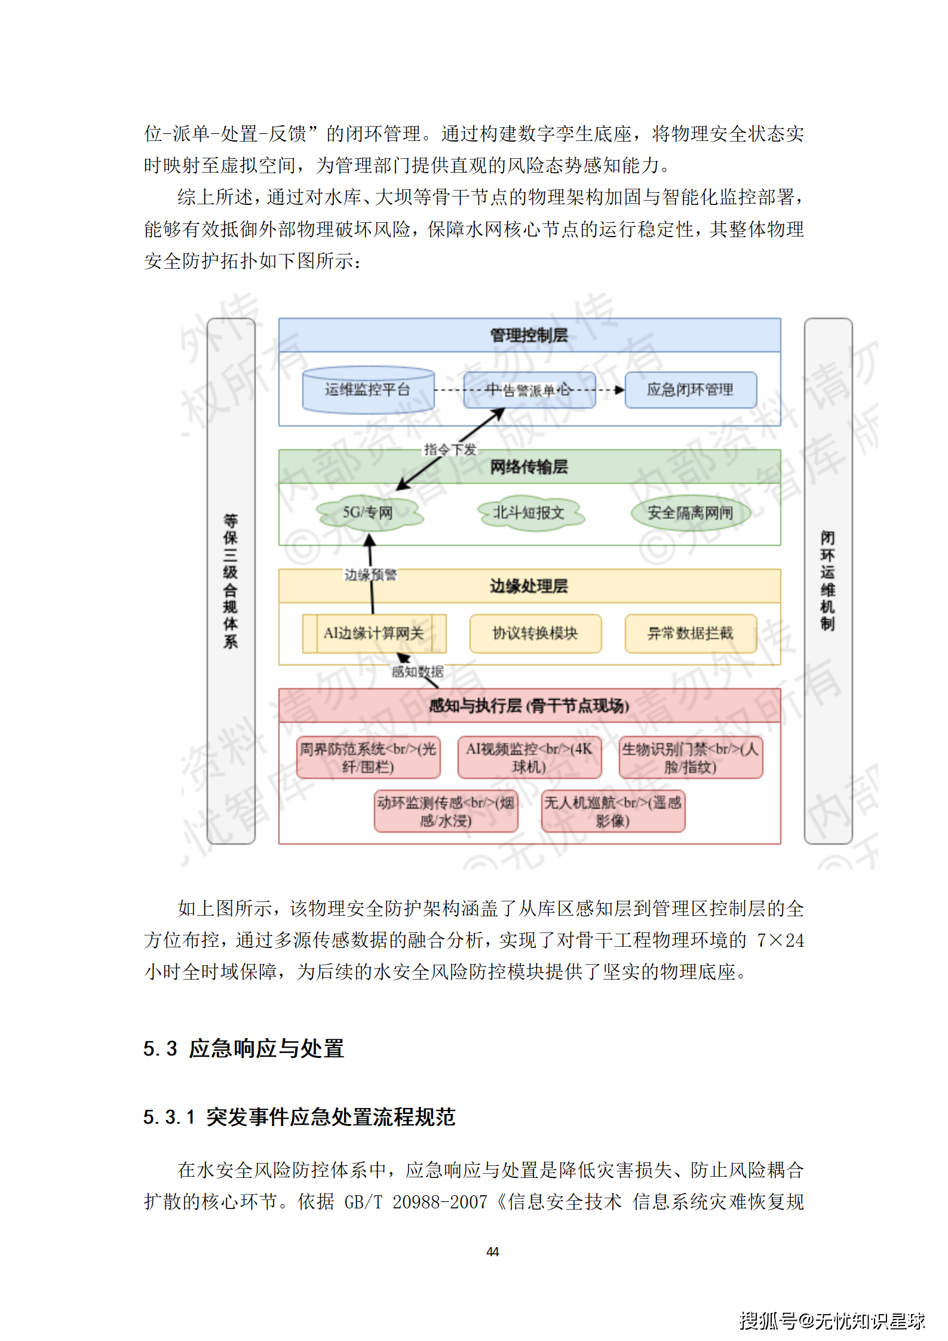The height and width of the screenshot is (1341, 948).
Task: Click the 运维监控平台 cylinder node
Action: pos(368,390)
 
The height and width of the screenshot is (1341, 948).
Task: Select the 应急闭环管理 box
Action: pos(691,390)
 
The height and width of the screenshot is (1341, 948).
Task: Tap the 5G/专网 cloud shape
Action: pos(368,513)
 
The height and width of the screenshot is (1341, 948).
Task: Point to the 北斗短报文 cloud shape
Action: pos(529,513)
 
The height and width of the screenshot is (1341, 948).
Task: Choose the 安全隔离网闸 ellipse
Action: pos(691,513)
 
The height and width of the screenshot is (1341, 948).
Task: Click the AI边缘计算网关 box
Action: pos(374,633)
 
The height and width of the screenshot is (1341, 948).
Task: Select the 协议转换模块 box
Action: pos(535,633)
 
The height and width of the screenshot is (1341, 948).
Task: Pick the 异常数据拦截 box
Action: pos(691,633)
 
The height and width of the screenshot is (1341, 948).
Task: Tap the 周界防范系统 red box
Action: pos(368,757)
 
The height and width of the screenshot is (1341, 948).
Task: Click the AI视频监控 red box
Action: pos(529,757)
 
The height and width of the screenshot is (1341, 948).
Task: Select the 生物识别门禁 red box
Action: pos(691,757)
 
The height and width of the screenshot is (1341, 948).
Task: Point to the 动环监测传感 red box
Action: pos(446,811)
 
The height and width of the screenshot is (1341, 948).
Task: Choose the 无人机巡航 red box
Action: pos(613,811)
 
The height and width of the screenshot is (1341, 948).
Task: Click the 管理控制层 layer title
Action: pos(529,335)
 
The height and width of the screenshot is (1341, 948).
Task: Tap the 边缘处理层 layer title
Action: pos(529,586)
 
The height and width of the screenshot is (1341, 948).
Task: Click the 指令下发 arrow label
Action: pos(450,449)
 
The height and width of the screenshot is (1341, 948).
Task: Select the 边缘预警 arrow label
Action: pos(370,575)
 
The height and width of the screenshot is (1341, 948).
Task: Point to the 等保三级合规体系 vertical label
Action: pos(231,581)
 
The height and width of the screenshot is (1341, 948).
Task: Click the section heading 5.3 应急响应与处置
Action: pos(244,1048)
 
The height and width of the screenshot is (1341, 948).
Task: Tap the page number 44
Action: pos(493,1251)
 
